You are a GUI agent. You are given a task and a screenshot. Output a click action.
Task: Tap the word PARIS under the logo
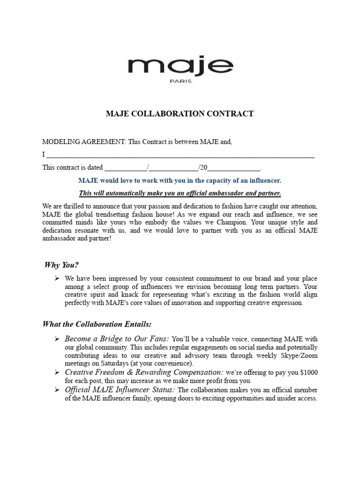180,81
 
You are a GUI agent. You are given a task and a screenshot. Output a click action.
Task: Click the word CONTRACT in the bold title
229,114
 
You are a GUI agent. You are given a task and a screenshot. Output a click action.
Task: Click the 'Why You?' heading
59,265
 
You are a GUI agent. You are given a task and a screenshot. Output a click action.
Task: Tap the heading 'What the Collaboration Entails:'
97,324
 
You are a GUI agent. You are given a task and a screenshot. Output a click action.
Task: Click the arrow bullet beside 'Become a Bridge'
56,339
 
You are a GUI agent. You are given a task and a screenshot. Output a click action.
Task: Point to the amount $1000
308,373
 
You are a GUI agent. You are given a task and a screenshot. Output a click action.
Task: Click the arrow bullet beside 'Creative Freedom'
56,373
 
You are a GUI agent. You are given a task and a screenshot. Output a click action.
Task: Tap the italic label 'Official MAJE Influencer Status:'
120,390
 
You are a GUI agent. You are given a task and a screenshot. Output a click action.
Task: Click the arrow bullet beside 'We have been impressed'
56,278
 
